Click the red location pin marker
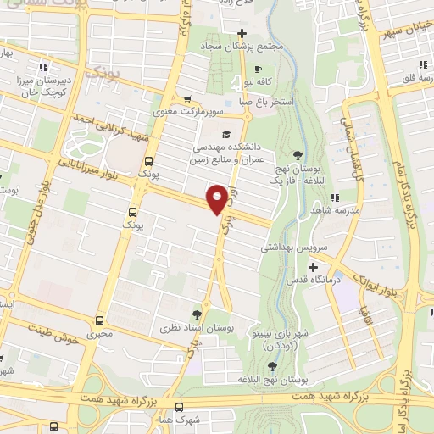pyautogui.click(x=217, y=198)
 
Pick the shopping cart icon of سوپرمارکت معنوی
pyautogui.click(x=187, y=97)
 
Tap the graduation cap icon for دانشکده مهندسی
pyautogui.click(x=225, y=134)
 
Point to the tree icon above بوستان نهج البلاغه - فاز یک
pyautogui.click(x=298, y=153)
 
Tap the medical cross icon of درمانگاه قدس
pyautogui.click(x=313, y=267)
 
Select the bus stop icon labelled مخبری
pyautogui.click(x=100, y=321)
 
